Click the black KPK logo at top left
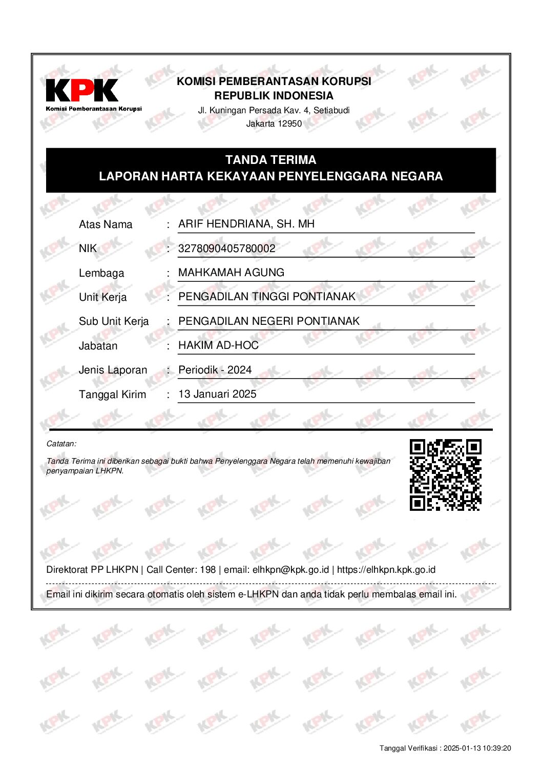pyautogui.click(x=82, y=91)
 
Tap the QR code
pyautogui.click(x=445, y=475)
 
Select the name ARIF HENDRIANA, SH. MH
pyautogui.click(x=246, y=224)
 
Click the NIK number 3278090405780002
pyautogui.click(x=226, y=248)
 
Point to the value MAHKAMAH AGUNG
pyautogui.click(x=231, y=273)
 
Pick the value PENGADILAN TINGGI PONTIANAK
pyautogui.click(x=266, y=297)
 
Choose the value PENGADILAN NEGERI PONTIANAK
pyautogui.click(x=269, y=321)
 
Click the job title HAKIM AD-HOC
pyautogui.click(x=218, y=345)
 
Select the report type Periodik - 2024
pyautogui.click(x=215, y=370)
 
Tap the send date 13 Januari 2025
pyautogui.click(x=217, y=394)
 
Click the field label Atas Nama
pyautogui.click(x=106, y=224)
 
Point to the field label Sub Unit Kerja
pyautogui.click(x=114, y=321)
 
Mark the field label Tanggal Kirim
pyautogui.click(x=112, y=395)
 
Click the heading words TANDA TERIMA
pyautogui.click(x=270, y=160)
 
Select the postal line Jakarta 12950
pyautogui.click(x=274, y=123)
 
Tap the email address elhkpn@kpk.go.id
pyautogui.click(x=290, y=570)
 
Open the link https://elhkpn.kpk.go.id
pyautogui.click(x=386, y=570)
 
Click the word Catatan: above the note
pyautogui.click(x=61, y=444)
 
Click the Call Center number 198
pyautogui.click(x=208, y=570)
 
